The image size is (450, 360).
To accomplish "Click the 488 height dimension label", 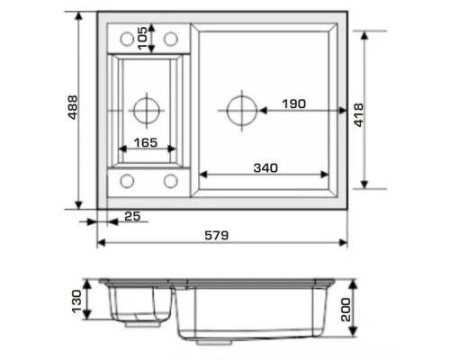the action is (x=73, y=107).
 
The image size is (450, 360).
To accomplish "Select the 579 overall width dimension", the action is (x=217, y=235).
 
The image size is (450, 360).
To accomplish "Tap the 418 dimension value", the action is (x=359, y=115).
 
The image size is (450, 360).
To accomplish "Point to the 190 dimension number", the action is (x=294, y=103).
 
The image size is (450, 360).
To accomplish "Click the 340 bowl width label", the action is (x=265, y=168).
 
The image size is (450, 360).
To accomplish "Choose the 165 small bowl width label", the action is (x=146, y=142).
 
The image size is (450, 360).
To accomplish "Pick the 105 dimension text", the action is (x=142, y=38).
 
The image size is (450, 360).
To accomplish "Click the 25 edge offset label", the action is (x=132, y=216).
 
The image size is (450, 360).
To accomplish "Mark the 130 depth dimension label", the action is (x=76, y=301).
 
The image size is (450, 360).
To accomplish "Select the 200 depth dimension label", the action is (x=346, y=310).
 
